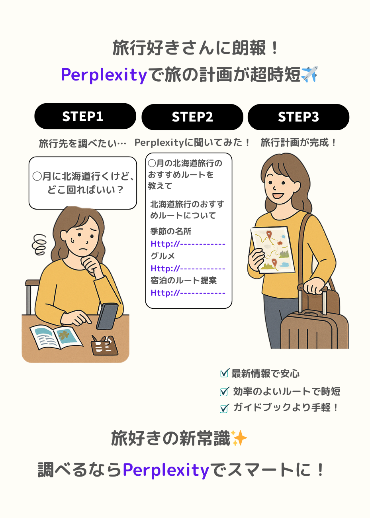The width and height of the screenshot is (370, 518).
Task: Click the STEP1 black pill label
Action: [x=85, y=116]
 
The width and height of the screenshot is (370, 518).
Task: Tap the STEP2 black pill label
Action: [x=192, y=117]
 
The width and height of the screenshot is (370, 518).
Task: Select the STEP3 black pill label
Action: [x=298, y=117]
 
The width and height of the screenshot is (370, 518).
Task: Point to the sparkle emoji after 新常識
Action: [x=239, y=438]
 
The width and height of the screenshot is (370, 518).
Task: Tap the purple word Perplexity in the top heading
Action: [x=104, y=75]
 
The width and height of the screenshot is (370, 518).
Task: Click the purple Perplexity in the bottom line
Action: [x=166, y=470]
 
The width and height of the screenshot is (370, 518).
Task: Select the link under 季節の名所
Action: [x=188, y=244]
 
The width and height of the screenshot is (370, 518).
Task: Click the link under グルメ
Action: [x=188, y=269]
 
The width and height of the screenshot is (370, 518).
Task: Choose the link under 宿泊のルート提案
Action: [x=188, y=293]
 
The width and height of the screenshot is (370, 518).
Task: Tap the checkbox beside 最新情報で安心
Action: [x=225, y=373]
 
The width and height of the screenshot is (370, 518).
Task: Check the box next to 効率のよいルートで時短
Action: [x=224, y=391]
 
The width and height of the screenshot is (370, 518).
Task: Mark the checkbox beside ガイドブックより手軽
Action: [x=224, y=408]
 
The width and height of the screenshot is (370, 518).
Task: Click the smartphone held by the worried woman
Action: [x=108, y=316]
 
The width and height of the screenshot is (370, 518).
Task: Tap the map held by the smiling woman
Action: [x=273, y=250]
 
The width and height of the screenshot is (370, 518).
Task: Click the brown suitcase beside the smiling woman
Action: [x=314, y=323]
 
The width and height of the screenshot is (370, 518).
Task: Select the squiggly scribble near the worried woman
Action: [x=39, y=244]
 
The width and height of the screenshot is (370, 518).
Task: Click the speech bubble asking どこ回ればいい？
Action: [x=83, y=183]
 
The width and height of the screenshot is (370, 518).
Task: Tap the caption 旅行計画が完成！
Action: [x=298, y=143]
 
